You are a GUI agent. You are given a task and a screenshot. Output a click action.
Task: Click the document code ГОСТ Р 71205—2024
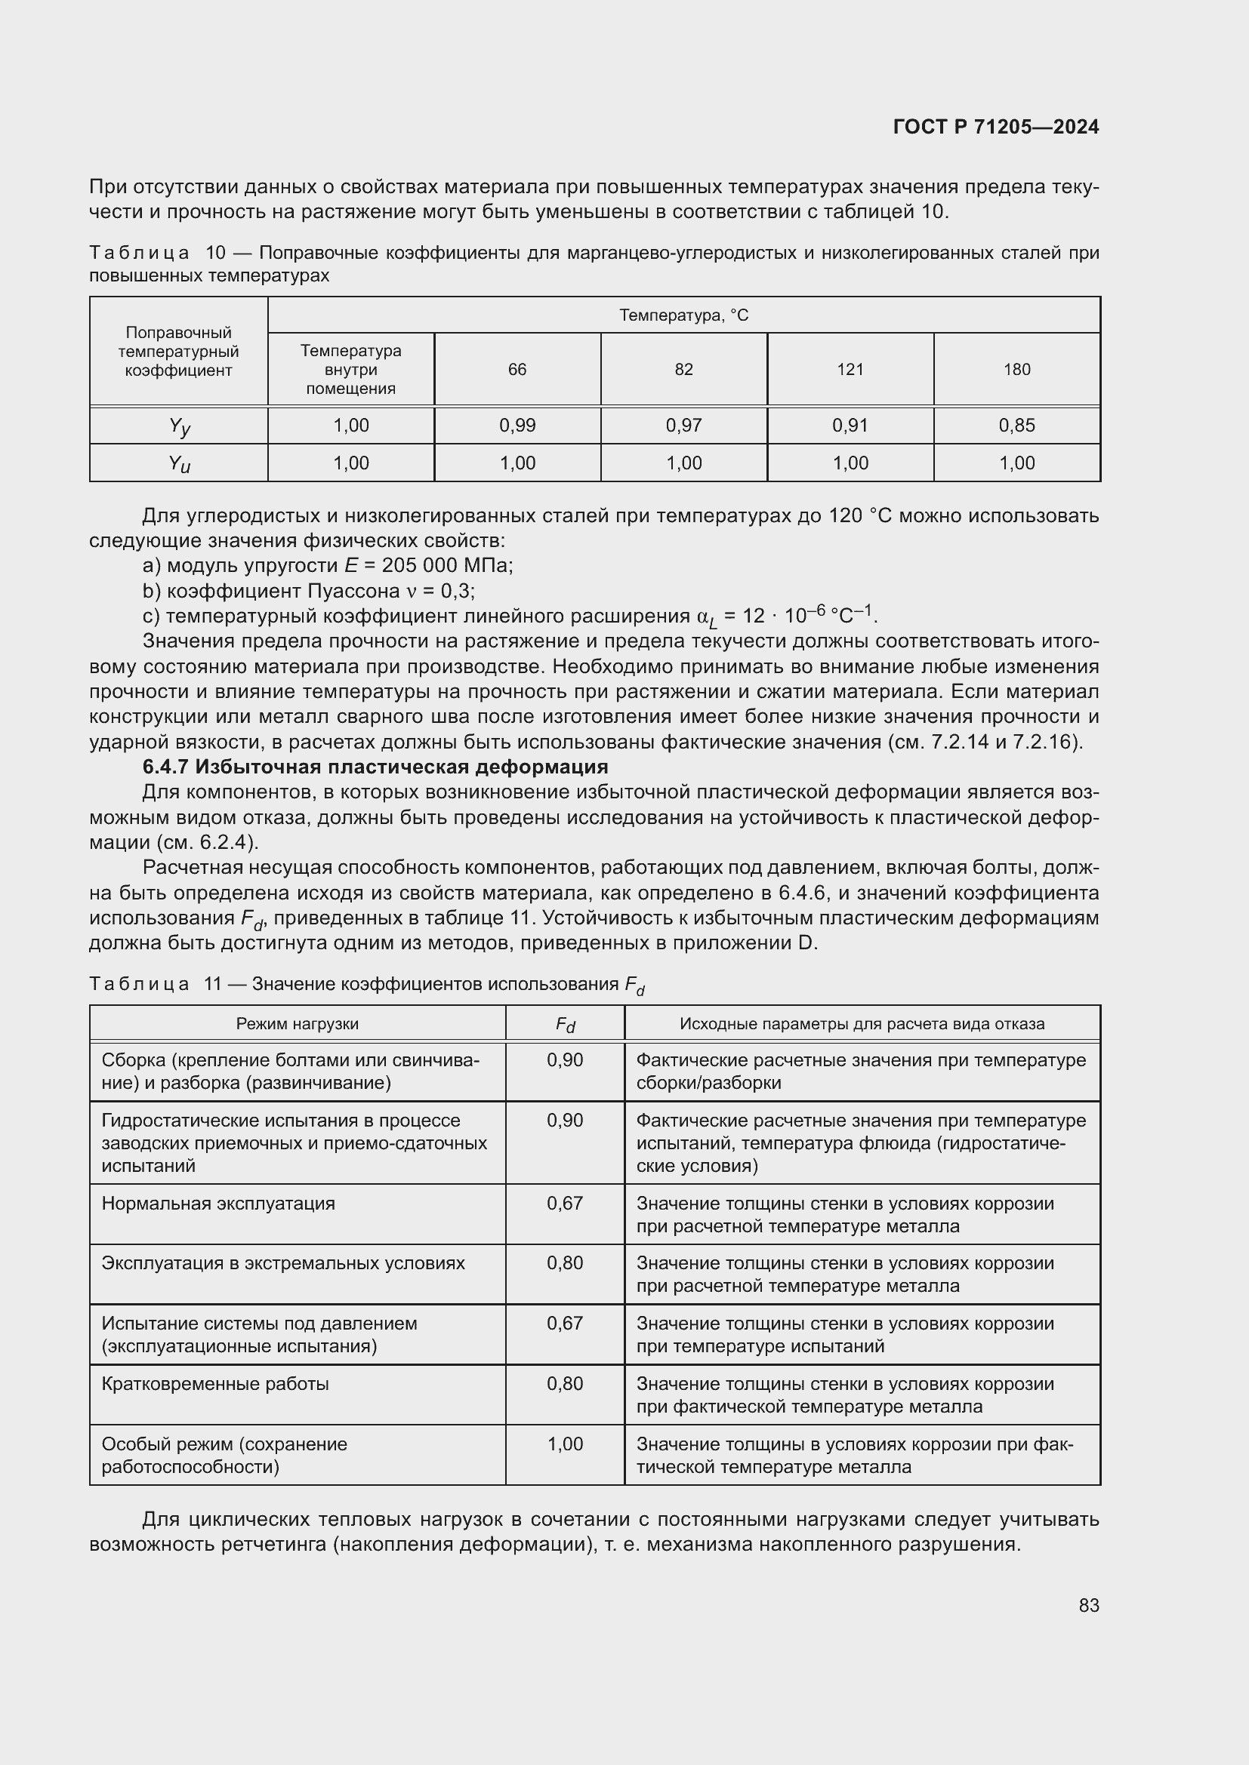996,127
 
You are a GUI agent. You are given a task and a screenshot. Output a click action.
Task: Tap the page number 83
1088,1606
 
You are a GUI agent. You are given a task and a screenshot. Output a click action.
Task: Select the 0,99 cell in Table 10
517,425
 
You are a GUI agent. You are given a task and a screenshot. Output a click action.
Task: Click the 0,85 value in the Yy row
1016,425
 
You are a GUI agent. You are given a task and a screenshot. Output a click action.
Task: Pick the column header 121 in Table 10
850,370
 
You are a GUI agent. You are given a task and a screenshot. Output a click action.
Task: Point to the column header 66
517,370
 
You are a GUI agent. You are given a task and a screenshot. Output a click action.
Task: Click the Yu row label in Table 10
179,463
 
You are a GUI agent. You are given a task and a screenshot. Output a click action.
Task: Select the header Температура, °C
683,315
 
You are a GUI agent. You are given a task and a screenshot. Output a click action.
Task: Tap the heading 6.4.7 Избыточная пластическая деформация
375,767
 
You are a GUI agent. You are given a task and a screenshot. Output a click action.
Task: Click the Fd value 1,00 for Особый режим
565,1444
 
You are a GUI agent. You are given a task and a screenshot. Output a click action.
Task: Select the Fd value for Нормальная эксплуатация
565,1203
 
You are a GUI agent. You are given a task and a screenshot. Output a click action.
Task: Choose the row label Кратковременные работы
215,1384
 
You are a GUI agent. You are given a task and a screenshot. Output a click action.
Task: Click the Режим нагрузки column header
297,1024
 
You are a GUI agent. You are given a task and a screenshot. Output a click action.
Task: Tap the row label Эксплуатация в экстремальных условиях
283,1263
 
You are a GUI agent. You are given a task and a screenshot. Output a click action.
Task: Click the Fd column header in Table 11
565,1025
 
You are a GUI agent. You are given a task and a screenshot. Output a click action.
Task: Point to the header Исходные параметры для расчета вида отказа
862,1024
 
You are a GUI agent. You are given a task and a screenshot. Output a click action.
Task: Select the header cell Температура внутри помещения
350,370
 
